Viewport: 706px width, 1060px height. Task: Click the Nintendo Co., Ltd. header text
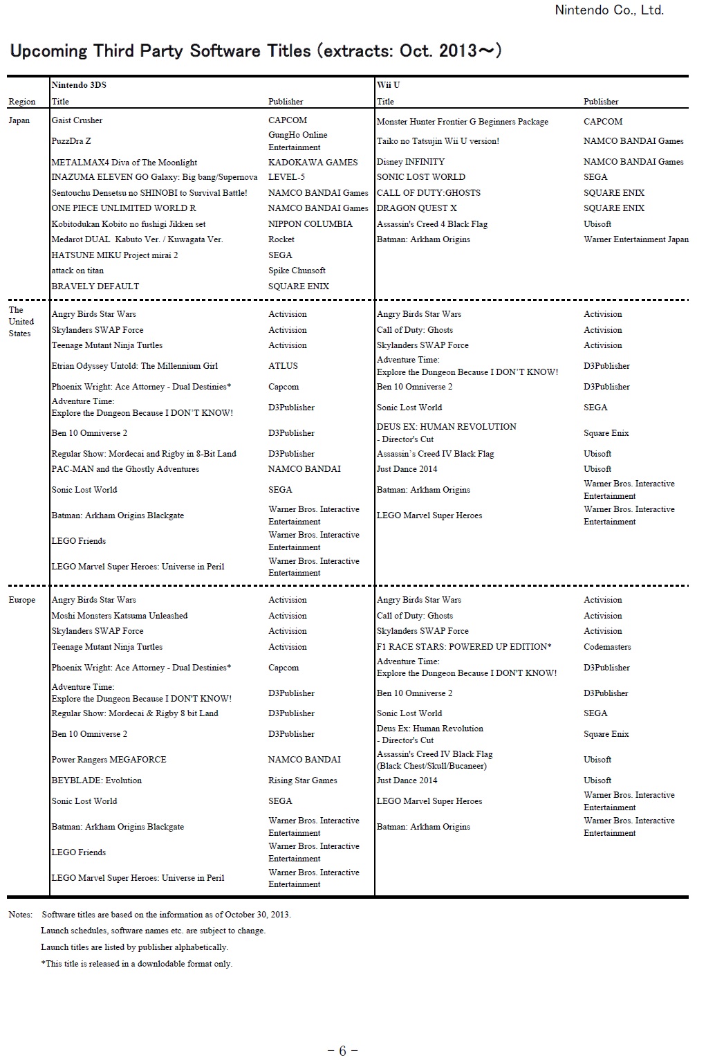[609, 10]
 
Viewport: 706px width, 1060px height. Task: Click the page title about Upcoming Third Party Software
[256, 51]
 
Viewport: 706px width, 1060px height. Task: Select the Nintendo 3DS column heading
[79, 85]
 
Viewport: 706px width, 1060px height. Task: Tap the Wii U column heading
[388, 85]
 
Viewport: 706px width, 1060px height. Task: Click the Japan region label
[19, 120]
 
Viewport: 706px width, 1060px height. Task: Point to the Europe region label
[22, 600]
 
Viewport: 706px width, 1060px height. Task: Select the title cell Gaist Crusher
[77, 120]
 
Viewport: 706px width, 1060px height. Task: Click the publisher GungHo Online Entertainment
[297, 141]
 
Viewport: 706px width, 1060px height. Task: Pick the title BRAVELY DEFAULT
[95, 286]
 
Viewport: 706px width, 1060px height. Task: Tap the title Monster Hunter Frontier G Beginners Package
[462, 122]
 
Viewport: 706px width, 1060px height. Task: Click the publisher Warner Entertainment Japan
[635, 239]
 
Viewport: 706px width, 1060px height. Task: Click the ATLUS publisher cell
[283, 366]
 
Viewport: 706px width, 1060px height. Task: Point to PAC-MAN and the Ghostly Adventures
[125, 469]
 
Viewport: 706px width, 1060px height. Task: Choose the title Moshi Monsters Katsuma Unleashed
[120, 616]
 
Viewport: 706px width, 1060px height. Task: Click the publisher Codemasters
[607, 647]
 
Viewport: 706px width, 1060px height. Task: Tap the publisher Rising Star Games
[302, 780]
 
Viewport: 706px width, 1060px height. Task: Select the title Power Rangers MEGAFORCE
[109, 760]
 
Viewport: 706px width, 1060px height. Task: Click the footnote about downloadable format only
[137, 964]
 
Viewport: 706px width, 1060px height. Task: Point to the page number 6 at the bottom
[342, 1051]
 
